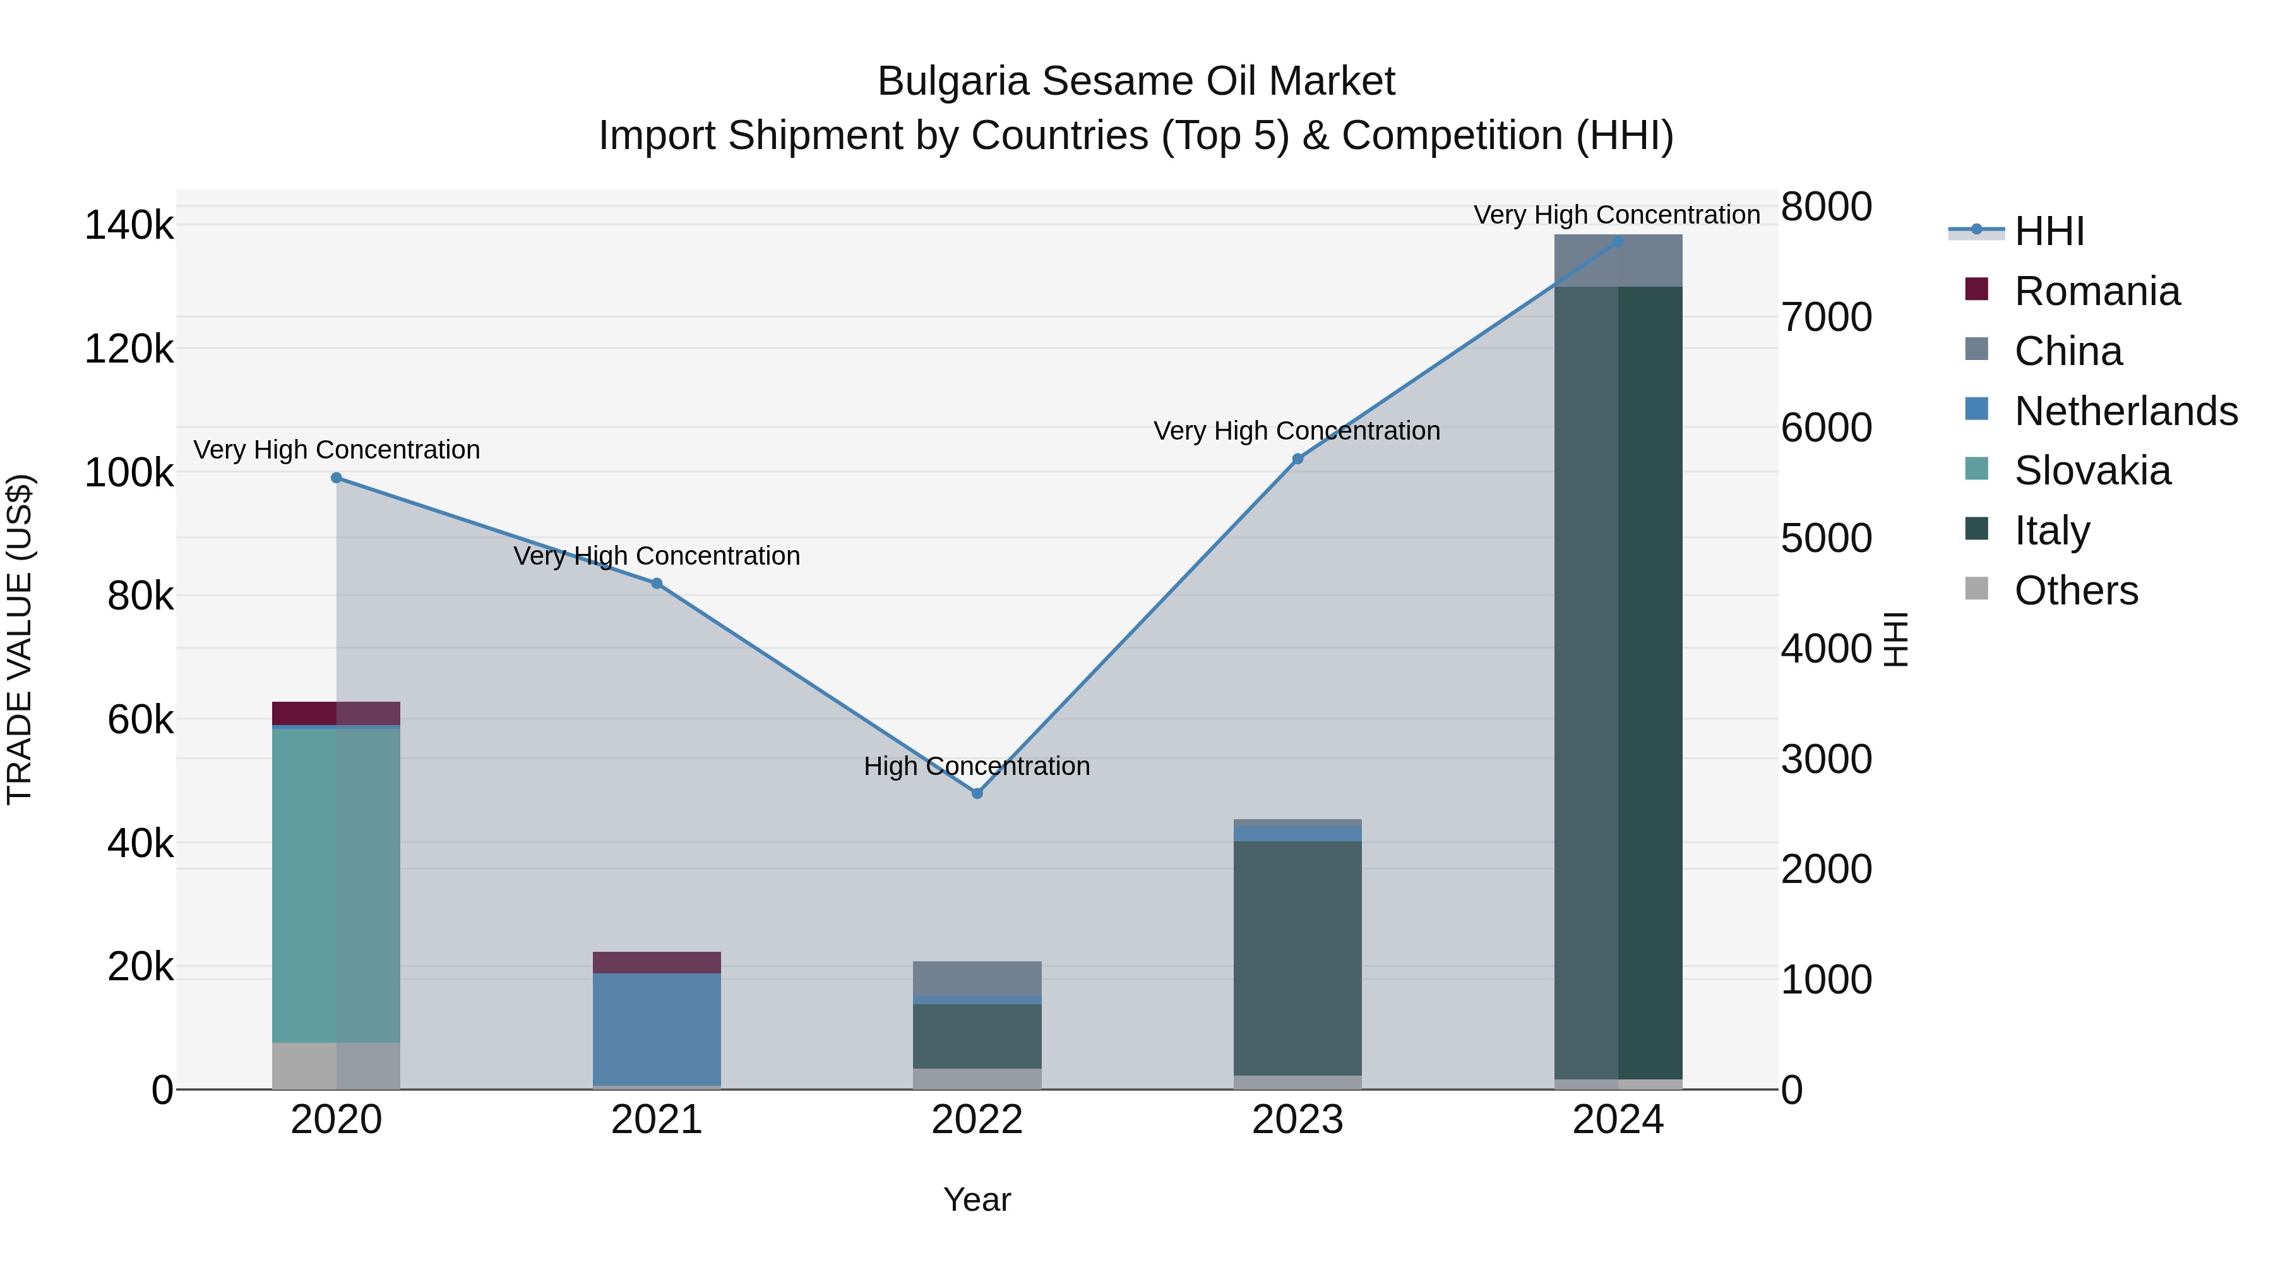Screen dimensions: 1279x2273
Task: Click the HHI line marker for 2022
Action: tap(977, 793)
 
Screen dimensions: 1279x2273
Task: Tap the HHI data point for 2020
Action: tap(336, 478)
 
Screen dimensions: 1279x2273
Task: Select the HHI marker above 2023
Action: tap(1297, 459)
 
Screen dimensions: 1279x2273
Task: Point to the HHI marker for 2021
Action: tap(657, 584)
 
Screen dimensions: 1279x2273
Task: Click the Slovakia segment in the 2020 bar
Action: tap(335, 883)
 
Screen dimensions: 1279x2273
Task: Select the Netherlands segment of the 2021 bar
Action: tap(657, 1028)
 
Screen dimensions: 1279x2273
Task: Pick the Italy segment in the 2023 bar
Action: tap(1297, 958)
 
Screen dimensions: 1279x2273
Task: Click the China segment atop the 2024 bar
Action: tap(1618, 260)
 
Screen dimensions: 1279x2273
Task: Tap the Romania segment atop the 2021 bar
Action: tap(657, 962)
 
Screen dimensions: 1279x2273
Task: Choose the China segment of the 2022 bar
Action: tap(977, 978)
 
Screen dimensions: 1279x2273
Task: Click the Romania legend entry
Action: tap(2096, 291)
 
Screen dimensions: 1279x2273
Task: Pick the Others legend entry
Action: tap(2075, 591)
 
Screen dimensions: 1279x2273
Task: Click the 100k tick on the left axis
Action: tap(129, 473)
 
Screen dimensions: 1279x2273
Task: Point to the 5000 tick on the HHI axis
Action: tap(1825, 538)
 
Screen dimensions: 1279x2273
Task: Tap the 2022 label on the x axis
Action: tap(977, 1120)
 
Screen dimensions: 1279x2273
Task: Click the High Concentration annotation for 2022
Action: tap(977, 766)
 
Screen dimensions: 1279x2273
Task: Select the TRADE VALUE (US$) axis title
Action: tap(20, 639)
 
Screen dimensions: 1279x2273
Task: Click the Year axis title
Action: tap(977, 1199)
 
